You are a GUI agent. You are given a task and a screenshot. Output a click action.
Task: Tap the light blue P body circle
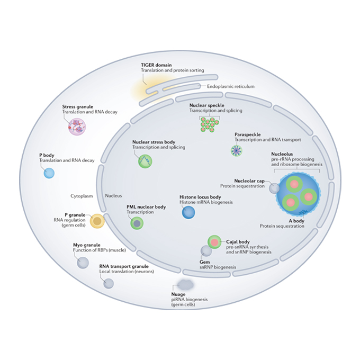49,173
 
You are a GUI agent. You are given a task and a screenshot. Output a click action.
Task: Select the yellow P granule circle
97,221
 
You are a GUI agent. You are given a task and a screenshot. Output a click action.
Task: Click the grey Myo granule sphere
83,262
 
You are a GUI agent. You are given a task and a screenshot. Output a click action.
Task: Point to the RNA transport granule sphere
109,283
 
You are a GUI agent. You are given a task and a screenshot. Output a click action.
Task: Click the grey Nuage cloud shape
186,285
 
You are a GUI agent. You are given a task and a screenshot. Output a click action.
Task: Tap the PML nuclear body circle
137,223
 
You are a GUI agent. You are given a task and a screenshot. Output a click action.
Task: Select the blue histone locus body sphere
189,212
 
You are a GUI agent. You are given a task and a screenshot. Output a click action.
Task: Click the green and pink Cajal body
214,242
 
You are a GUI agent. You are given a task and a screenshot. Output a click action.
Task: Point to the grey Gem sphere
206,252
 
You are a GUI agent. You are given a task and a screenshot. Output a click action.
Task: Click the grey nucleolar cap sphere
274,187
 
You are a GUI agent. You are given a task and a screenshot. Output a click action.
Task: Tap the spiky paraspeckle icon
236,152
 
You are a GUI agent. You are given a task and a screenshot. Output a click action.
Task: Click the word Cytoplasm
82,195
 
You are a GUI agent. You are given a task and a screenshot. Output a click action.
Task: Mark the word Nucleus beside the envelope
113,195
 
